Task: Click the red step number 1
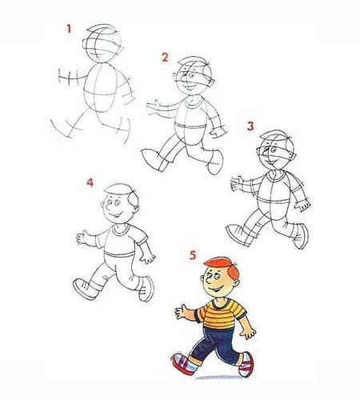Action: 69,29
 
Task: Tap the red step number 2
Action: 165,58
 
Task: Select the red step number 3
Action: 250,126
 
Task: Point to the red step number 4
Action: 90,182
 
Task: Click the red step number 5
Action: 193,255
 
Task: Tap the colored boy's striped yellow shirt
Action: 220,314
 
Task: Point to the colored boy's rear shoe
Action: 246,364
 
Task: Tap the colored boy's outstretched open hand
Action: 182,311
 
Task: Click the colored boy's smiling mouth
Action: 216,289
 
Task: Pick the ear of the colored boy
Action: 236,283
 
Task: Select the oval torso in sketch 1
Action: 101,87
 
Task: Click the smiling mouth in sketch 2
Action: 190,87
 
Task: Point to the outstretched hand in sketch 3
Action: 237,184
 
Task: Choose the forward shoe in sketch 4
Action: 85,289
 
